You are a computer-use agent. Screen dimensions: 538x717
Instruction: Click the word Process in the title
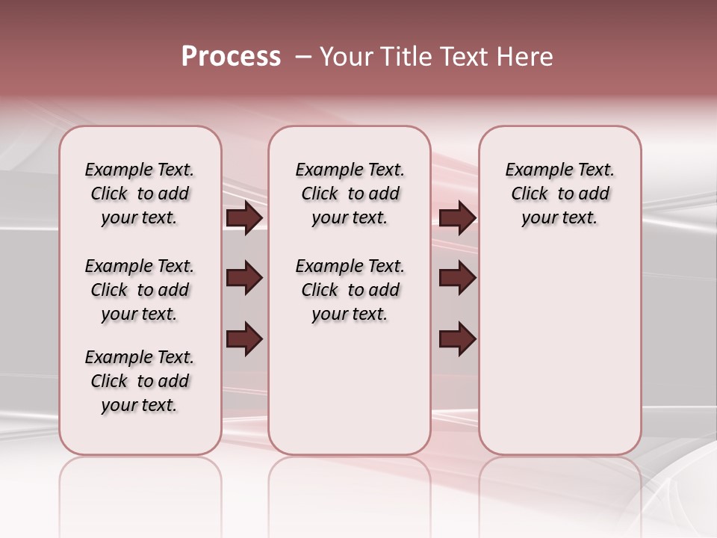coord(231,57)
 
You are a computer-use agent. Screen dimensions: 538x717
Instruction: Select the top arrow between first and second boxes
coord(244,218)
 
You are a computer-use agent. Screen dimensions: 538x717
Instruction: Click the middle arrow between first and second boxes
coord(244,279)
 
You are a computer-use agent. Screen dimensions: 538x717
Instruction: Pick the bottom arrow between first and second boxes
coord(244,339)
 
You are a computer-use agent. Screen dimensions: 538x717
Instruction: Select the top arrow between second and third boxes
coord(457,218)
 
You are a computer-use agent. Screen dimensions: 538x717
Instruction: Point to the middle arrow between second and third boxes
coord(457,279)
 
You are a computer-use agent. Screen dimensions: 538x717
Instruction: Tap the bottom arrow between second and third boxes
coord(457,339)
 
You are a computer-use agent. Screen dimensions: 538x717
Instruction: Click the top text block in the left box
coord(140,194)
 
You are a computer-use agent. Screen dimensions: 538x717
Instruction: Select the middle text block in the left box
coord(140,290)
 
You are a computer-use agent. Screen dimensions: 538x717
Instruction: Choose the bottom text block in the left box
coord(140,381)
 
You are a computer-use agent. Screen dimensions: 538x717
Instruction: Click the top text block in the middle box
coord(350,194)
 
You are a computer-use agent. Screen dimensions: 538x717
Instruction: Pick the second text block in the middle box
coord(350,290)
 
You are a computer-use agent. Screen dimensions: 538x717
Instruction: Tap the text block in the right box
coord(559,194)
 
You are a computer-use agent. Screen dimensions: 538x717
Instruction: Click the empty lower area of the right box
coord(559,351)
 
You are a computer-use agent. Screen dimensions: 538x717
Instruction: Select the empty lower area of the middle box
coord(350,389)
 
